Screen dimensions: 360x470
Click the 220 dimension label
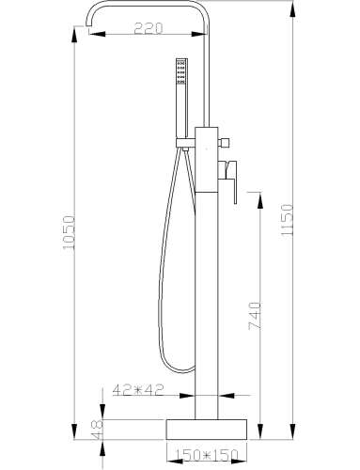pyautogui.click(x=149, y=28)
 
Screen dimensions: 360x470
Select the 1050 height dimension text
pyautogui.click(x=69, y=232)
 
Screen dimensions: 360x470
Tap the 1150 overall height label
pyautogui.click(x=287, y=219)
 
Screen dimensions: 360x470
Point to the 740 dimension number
pyautogui.click(x=254, y=316)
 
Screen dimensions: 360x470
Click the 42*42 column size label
pyautogui.click(x=138, y=390)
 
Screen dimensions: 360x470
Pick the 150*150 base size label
pyautogui.click(x=206, y=455)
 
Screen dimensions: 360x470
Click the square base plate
pyautogui.click(x=206, y=430)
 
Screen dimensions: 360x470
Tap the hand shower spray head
pyautogui.click(x=181, y=71)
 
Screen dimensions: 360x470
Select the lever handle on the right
pyautogui.click(x=229, y=180)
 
